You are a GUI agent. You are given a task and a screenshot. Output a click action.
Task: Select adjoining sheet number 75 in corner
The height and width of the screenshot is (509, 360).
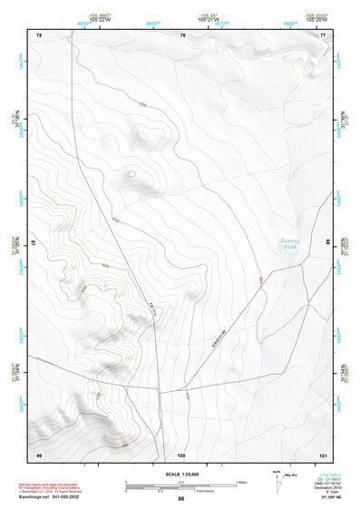(39, 34)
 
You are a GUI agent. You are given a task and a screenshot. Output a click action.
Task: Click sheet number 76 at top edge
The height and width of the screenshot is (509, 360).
(182, 34)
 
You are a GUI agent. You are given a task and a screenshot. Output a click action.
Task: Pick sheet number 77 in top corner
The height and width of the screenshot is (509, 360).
(324, 34)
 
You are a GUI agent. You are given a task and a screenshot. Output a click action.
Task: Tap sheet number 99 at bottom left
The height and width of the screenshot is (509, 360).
(39, 454)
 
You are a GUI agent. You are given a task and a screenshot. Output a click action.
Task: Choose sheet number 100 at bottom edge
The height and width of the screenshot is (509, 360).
(181, 454)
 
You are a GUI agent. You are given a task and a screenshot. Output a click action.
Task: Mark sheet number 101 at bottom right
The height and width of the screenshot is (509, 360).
(323, 454)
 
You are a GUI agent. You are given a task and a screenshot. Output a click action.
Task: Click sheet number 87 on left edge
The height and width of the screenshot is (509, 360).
(34, 243)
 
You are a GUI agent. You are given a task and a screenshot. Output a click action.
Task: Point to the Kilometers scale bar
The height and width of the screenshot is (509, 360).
(181, 488)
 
